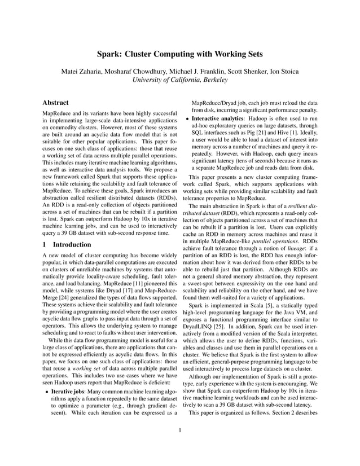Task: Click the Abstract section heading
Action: (x=56, y=103)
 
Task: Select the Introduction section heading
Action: (x=71, y=245)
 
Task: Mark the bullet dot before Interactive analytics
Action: (x=187, y=120)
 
